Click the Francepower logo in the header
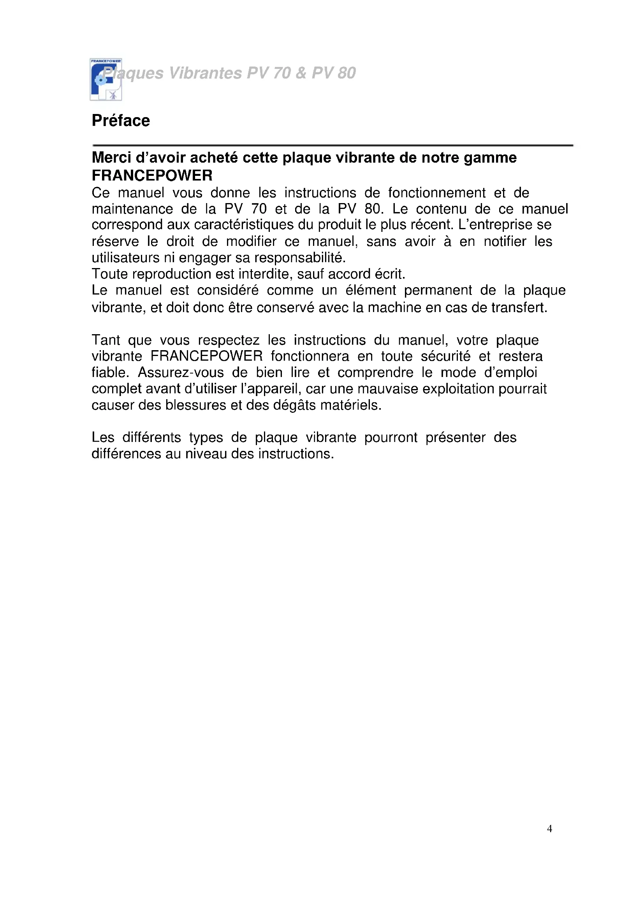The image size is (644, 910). (106, 79)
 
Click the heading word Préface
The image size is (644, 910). (121, 121)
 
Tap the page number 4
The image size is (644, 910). (549, 828)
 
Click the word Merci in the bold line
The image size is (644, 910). (111, 158)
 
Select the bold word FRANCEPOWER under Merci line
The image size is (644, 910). (152, 175)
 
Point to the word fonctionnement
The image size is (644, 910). (436, 193)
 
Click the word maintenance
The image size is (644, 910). (132, 209)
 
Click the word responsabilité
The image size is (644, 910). (300, 258)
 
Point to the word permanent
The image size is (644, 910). (438, 291)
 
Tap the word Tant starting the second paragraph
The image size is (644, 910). (106, 340)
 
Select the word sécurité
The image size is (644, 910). (445, 356)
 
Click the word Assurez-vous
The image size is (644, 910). (180, 373)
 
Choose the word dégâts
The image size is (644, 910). (295, 405)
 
